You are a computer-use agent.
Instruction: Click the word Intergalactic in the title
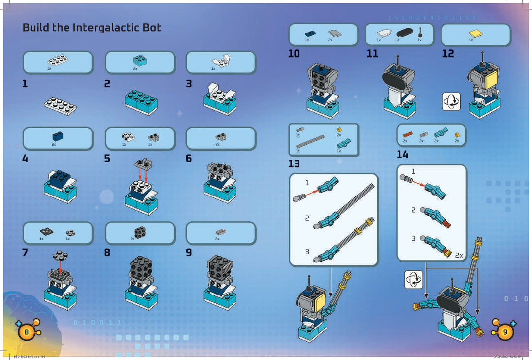[103, 28]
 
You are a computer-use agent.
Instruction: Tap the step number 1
[25, 84]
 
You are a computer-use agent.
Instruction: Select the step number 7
[25, 253]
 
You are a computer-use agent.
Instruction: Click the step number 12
[448, 54]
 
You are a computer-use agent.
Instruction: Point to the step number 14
[402, 155]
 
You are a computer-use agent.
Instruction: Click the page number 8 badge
[26, 332]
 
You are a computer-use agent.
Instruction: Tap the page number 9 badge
[505, 332]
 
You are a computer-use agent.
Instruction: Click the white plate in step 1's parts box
[58, 61]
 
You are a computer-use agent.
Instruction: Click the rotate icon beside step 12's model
[451, 101]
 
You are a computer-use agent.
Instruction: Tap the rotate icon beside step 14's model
[413, 280]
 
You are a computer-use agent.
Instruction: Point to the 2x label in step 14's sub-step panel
[459, 255]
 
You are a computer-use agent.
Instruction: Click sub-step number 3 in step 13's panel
[307, 251]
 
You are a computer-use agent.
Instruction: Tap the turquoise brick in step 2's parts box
[140, 61]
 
